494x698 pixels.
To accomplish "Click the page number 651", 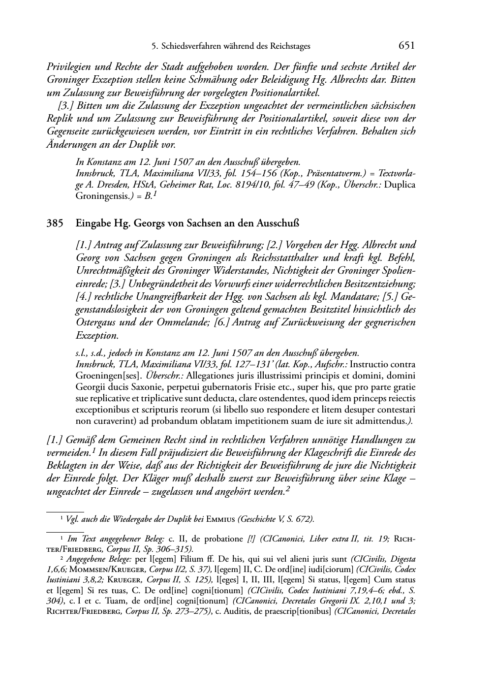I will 407,46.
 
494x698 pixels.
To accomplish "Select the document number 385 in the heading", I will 54,223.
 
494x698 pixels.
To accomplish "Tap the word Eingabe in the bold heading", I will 92,223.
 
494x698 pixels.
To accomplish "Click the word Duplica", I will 399,185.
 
